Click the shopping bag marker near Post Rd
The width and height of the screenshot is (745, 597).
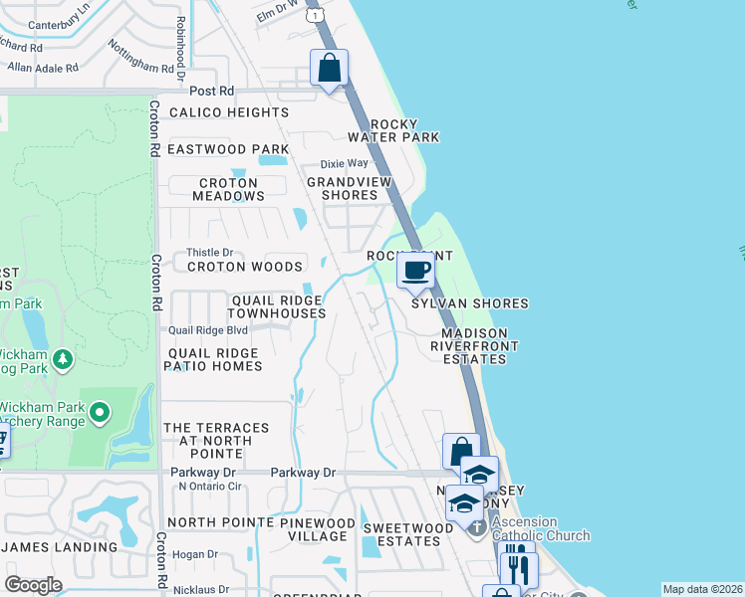coord(329,70)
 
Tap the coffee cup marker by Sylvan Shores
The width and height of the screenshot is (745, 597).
coord(415,270)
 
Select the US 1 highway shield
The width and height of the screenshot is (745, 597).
coord(316,16)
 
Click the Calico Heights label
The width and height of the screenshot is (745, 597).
coord(228,112)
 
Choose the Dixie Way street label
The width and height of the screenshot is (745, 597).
coord(345,163)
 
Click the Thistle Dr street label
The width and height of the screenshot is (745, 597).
coord(209,253)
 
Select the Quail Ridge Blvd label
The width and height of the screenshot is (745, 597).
coord(207,330)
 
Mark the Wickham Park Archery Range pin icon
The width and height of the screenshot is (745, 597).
coord(100,411)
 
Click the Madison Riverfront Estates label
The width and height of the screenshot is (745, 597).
coord(469,345)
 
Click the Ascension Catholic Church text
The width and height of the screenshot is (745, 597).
coord(541,528)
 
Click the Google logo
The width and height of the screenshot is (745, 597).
coord(33,585)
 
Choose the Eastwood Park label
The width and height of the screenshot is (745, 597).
coord(227,149)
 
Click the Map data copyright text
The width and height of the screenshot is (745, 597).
coord(702,589)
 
